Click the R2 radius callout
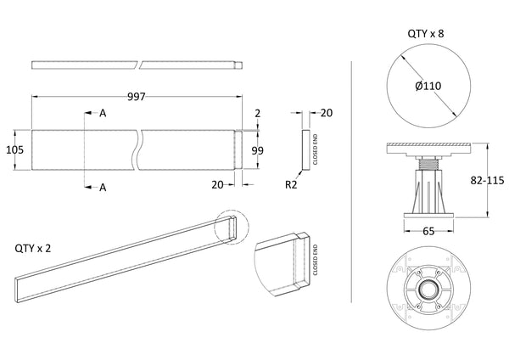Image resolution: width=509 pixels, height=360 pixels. pos(290,183)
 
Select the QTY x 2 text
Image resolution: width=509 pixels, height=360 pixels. pos(35,249)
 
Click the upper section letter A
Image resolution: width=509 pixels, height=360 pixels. pos(103,113)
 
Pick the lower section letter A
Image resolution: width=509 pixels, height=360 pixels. pos(103,188)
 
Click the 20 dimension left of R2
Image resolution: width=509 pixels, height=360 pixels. pos(218,183)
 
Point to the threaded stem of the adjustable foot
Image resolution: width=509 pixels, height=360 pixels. pos(428,161)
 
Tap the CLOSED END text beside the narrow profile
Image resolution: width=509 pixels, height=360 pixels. pos(316,149)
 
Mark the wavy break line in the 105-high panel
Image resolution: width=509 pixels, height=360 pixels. pos(138,149)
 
